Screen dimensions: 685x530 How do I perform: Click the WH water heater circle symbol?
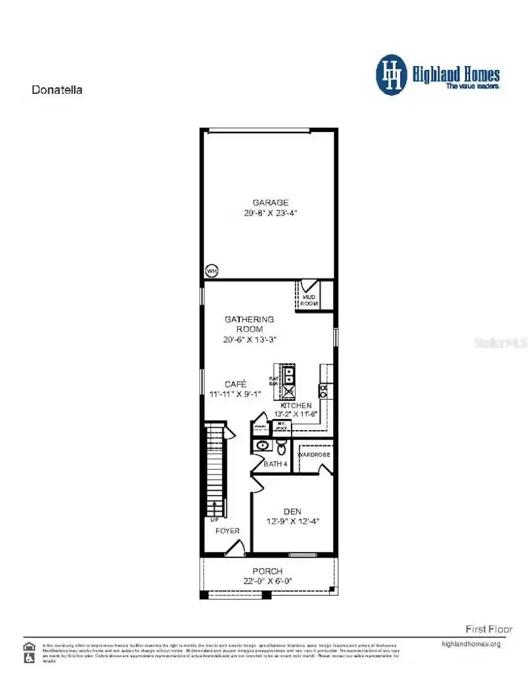(x=211, y=271)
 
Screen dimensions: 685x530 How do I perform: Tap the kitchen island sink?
(x=290, y=373)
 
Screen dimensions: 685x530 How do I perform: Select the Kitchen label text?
(x=296, y=406)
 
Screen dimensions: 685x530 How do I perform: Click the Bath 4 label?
(x=276, y=464)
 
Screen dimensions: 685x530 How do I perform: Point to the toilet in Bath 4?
(x=281, y=448)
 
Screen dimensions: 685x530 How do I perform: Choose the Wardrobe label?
(x=314, y=455)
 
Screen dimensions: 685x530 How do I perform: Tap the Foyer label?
(x=227, y=531)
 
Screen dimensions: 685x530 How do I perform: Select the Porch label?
(x=267, y=571)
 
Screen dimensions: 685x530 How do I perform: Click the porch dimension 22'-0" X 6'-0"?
(x=267, y=581)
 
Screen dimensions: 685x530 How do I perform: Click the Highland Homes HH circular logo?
(x=392, y=75)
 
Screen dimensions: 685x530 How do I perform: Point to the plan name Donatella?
(x=57, y=90)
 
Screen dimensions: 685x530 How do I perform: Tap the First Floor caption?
(x=489, y=629)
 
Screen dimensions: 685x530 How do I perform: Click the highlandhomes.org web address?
(x=471, y=644)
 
